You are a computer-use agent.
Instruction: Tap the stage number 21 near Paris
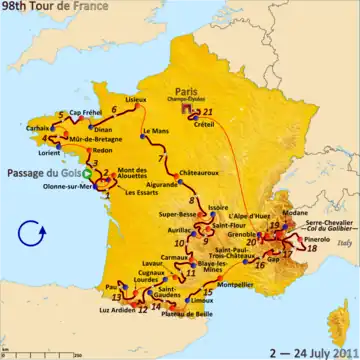point(208,99)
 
